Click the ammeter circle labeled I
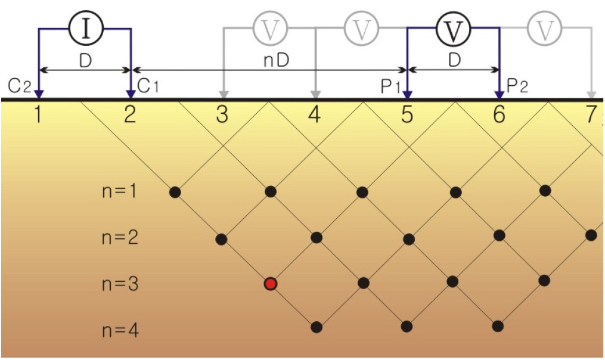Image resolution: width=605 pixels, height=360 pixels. pos(85,29)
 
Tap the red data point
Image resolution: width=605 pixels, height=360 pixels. pos(271,284)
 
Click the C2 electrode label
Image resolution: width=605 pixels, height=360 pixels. pos(20,86)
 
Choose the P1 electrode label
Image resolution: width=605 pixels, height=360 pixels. pos(390,86)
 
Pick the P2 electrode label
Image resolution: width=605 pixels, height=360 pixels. pos(517,86)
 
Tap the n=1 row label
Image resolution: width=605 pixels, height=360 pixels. pos(120,192)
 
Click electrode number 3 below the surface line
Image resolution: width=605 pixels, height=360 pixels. pos(222,114)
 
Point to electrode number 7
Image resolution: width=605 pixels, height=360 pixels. pos(590,114)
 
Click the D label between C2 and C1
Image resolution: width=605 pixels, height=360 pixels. pos(85,61)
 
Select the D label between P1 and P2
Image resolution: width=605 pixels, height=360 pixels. pos(454,61)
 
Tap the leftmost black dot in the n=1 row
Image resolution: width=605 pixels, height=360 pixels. pos(175,192)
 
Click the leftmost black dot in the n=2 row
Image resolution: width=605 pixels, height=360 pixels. pos(222,239)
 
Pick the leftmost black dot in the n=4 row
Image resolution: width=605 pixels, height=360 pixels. pos(317,327)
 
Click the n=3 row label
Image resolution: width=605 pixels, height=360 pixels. pos(120,284)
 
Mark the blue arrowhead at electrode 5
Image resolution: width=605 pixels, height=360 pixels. pos(407,94)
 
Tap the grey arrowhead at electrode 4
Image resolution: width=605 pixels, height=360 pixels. pos(315,94)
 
